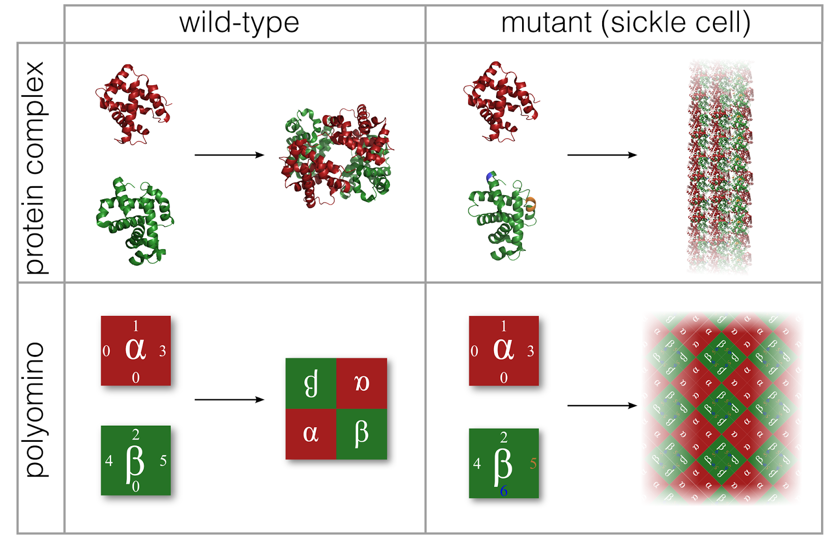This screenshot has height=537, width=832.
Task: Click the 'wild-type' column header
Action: [x=239, y=23]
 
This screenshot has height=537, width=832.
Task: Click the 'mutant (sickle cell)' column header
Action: [x=626, y=23]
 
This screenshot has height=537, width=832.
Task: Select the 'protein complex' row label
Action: [x=35, y=168]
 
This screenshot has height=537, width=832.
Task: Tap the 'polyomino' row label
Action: [x=35, y=410]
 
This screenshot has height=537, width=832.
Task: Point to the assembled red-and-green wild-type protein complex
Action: [x=335, y=156]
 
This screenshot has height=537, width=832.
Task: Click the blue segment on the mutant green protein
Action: [x=490, y=177]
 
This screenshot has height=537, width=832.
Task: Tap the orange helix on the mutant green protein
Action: [x=531, y=204]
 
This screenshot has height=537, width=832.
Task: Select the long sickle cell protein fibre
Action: [x=720, y=167]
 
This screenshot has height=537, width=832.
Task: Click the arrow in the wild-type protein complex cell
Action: [x=229, y=155]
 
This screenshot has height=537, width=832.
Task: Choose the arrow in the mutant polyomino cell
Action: [x=602, y=405]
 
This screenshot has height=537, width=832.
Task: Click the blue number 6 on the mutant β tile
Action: [x=503, y=491]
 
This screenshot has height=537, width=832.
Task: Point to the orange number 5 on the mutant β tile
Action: [x=532, y=464]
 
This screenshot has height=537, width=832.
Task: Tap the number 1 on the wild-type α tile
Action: [x=136, y=326]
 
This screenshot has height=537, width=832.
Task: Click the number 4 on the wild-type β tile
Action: [x=109, y=461]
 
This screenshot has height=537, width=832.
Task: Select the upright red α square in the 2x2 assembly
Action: [x=311, y=433]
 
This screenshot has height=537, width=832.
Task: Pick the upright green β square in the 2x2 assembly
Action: [x=361, y=433]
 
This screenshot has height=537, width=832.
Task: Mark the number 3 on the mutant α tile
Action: [x=530, y=351]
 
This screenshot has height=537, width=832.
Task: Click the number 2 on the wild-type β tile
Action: [x=136, y=434]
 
